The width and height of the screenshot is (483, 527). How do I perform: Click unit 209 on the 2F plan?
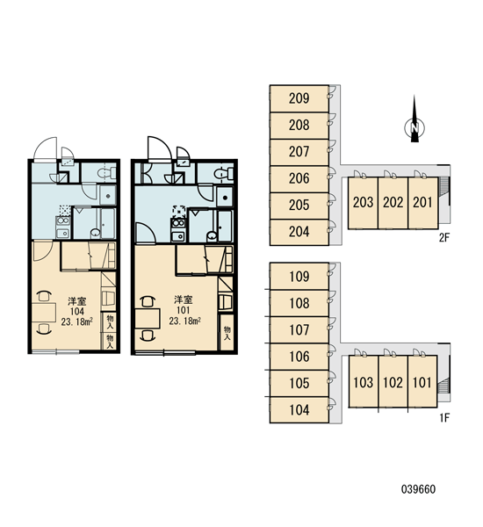(x=299, y=98)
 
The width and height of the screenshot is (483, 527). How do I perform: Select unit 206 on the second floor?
(x=299, y=178)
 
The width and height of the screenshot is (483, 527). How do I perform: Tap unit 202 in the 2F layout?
(x=393, y=203)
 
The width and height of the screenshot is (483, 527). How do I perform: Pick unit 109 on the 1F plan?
(x=299, y=277)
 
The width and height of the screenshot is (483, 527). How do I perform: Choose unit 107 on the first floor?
(x=299, y=329)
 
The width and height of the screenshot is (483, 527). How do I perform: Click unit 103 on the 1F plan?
(x=364, y=382)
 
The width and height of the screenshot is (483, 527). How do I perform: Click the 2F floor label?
(x=444, y=238)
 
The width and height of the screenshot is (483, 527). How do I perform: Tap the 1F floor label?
(x=444, y=418)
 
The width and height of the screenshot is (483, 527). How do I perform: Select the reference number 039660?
(x=418, y=489)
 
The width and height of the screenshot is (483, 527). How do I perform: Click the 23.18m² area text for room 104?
(x=76, y=322)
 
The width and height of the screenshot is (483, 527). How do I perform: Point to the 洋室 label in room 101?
(x=184, y=300)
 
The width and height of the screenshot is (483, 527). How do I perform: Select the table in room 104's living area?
(x=44, y=312)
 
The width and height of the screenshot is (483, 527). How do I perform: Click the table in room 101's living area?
(x=147, y=318)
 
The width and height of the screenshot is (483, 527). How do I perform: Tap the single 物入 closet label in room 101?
(x=227, y=332)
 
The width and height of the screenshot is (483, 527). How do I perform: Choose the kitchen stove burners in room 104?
(x=63, y=220)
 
